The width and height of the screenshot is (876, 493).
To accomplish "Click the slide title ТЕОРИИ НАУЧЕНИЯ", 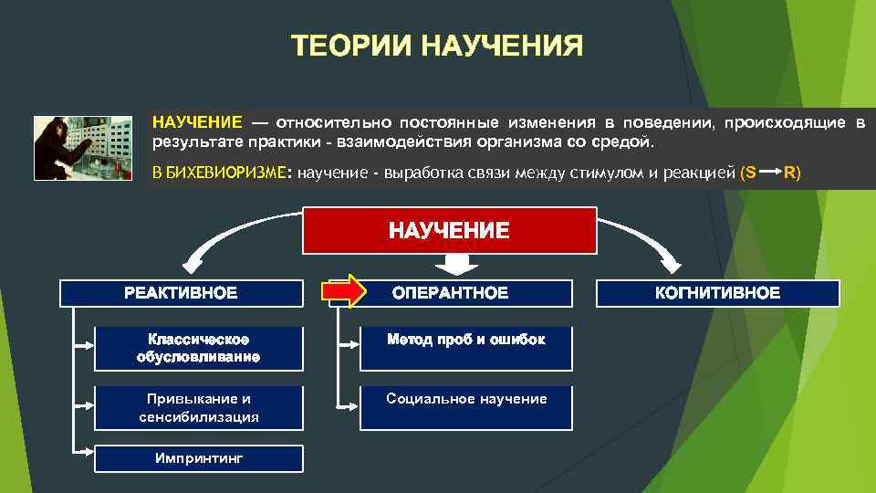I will (437, 46).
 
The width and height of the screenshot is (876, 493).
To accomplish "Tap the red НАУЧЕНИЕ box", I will (449, 230).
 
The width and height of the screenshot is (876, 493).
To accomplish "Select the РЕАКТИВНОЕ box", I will (181, 293).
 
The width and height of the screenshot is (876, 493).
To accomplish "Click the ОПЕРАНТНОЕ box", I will (450, 293).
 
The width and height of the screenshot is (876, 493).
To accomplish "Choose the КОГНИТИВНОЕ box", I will (717, 293).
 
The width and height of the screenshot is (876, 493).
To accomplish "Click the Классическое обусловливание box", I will (199, 348).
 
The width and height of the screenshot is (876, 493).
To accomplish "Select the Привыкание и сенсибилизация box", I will (199, 407).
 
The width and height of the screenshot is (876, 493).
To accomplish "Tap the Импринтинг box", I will (199, 458).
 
